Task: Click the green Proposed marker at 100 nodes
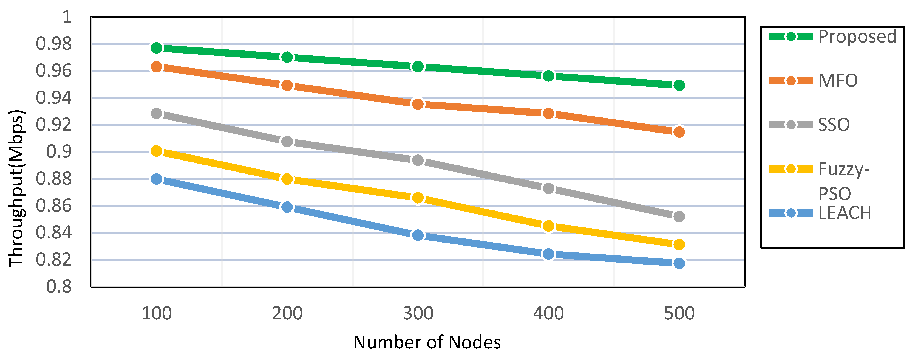click(156, 48)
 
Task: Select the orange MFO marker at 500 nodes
click(679, 132)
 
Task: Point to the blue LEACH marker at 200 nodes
click(287, 207)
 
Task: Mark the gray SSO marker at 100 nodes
click(156, 114)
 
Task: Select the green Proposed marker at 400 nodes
click(548, 76)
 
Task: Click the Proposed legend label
click(857, 36)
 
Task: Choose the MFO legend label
click(838, 81)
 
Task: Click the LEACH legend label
click(845, 213)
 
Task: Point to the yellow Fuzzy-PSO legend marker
click(791, 169)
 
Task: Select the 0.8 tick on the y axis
click(59, 286)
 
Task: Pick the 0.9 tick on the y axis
click(59, 152)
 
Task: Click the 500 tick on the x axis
click(679, 313)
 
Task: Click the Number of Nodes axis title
click(427, 342)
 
